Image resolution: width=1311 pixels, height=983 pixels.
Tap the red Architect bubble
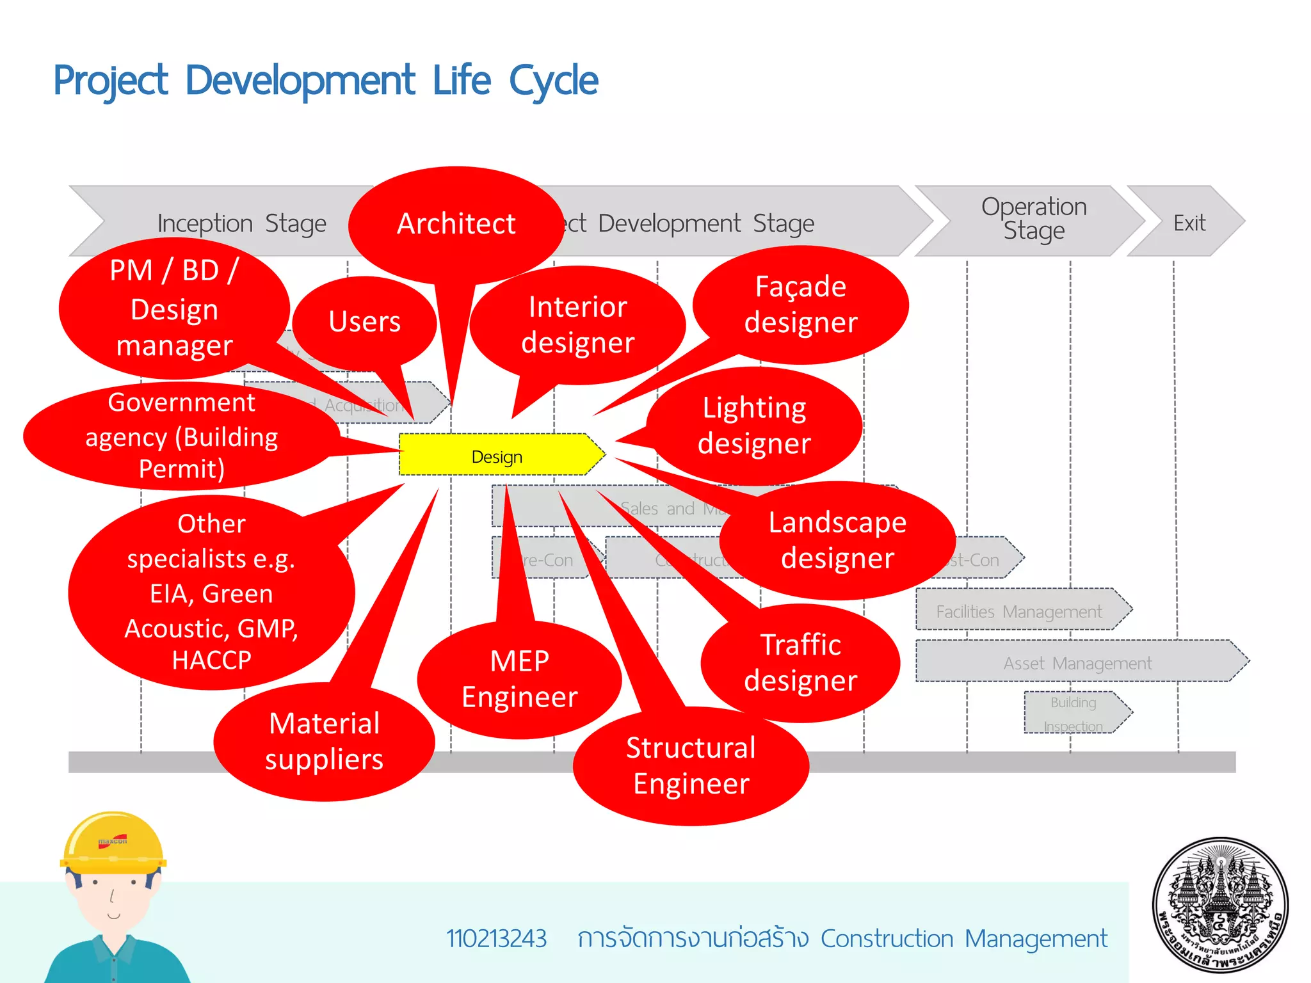456,224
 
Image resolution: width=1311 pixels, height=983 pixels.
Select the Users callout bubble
364,321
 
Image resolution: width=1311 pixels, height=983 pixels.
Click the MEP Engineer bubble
519,679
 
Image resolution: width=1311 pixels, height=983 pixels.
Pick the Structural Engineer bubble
691,766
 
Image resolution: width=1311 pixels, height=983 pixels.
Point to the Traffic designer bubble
800,663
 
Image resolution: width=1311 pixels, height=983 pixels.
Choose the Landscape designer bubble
837,541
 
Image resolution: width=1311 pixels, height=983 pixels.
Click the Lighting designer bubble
754,426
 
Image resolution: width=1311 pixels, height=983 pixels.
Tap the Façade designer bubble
800,305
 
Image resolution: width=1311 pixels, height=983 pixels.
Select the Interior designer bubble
577,325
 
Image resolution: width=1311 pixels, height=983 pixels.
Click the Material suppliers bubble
324,742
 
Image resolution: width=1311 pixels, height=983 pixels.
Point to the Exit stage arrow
1188,223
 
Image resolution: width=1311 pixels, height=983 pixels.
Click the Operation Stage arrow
1033,220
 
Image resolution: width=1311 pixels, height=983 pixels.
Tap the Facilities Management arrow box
1019,611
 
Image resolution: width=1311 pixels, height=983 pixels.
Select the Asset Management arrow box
1077,662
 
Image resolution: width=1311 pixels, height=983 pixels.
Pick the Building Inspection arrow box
1074,714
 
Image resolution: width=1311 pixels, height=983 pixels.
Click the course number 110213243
496,939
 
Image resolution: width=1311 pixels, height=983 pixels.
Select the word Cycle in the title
554,81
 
